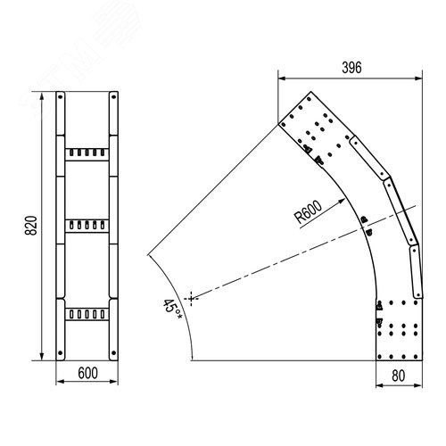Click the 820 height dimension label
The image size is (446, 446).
(31, 226)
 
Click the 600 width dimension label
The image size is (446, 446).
(87, 373)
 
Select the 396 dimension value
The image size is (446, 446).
(351, 68)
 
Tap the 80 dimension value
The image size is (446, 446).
(399, 376)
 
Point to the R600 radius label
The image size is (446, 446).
(309, 212)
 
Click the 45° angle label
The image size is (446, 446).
(172, 310)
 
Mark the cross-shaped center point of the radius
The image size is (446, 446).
(191, 298)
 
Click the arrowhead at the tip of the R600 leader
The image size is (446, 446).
(342, 202)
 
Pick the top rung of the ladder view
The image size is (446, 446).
(87, 154)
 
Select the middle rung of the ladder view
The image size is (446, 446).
(87, 226)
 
